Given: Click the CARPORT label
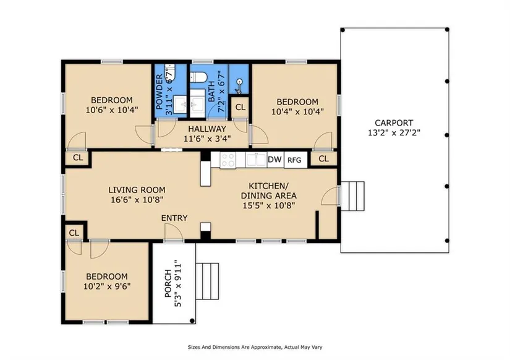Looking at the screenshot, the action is click(394, 123).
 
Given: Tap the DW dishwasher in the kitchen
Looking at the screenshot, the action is click(275, 160).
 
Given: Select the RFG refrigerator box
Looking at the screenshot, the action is click(295, 160).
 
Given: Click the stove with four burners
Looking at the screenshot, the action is click(227, 160).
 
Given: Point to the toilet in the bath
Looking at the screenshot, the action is click(198, 77).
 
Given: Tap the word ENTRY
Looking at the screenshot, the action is click(174, 218).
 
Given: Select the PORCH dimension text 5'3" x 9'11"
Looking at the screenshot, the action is click(178, 283).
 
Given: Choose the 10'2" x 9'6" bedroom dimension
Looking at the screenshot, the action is click(107, 286).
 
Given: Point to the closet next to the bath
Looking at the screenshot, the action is click(240, 107).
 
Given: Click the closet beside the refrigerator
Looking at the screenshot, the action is click(324, 158).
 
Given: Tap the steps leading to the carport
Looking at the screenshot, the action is click(352, 196).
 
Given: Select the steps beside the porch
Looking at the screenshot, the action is click(208, 281).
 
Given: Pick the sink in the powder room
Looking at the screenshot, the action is click(179, 105).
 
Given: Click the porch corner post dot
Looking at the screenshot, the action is click(192, 320).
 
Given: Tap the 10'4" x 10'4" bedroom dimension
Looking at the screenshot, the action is click(297, 111).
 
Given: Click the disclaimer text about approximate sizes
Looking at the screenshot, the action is click(255, 347).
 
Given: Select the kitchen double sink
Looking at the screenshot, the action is click(256, 160).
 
